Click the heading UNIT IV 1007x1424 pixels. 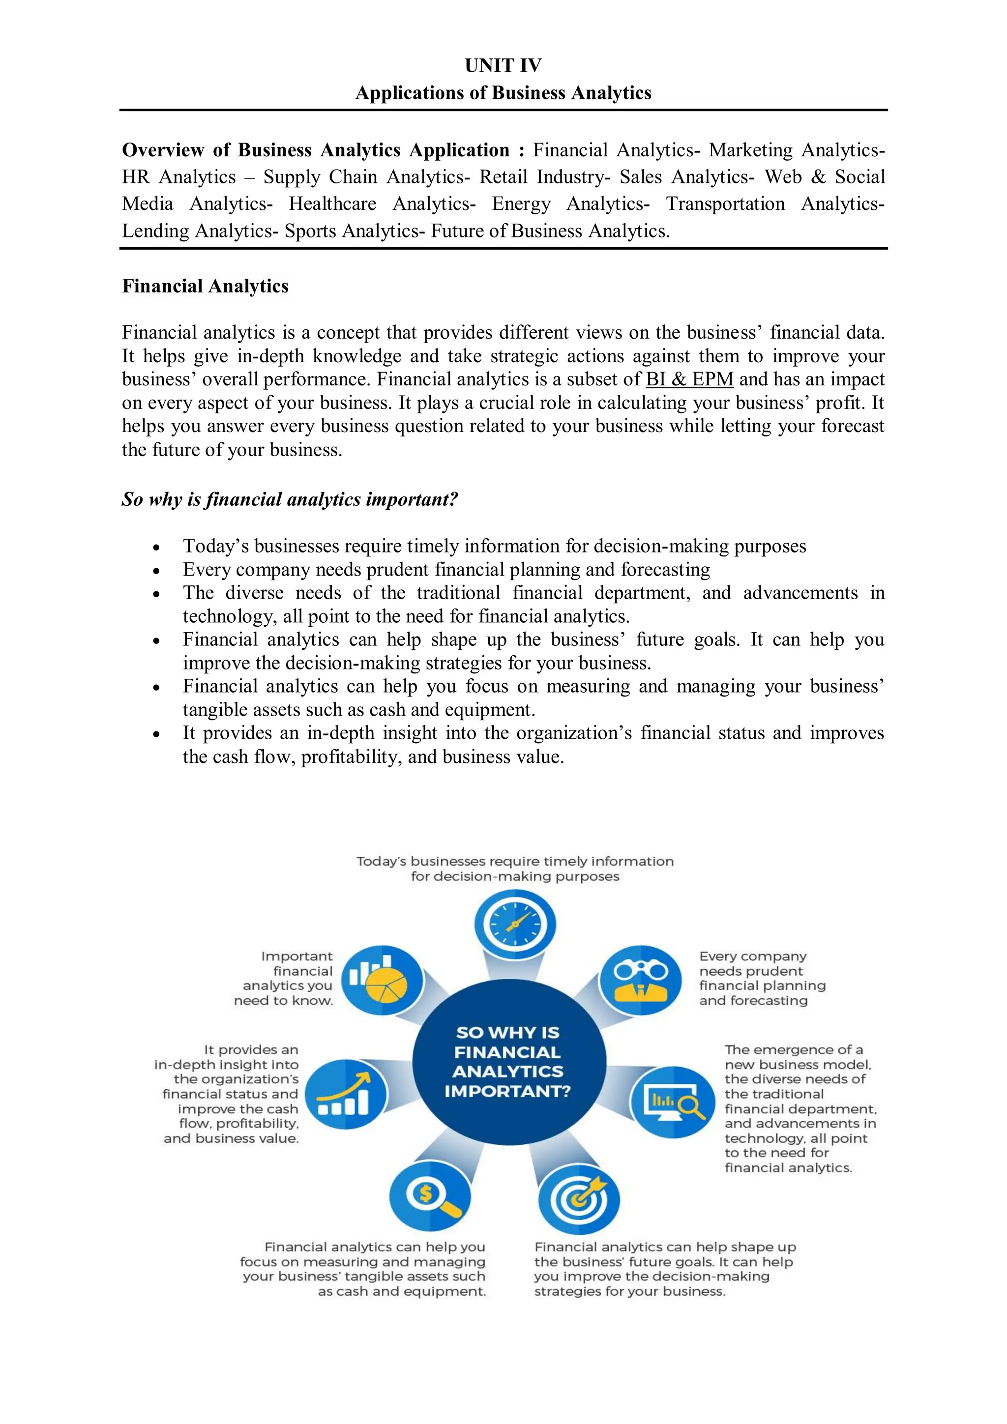[503, 65]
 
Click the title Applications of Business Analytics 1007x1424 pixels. [503, 93]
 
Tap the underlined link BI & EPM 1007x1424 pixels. [689, 379]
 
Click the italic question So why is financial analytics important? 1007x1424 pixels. [290, 499]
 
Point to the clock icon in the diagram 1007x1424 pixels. [514, 924]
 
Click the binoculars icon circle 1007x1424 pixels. [640, 980]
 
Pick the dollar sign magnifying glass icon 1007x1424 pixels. [430, 1196]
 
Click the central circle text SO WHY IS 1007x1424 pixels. [507, 1033]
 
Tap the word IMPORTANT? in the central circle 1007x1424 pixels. [507, 1092]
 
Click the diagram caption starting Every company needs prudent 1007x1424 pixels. [762, 978]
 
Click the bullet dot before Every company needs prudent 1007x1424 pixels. [156, 571]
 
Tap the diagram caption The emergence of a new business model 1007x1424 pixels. [799, 1108]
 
